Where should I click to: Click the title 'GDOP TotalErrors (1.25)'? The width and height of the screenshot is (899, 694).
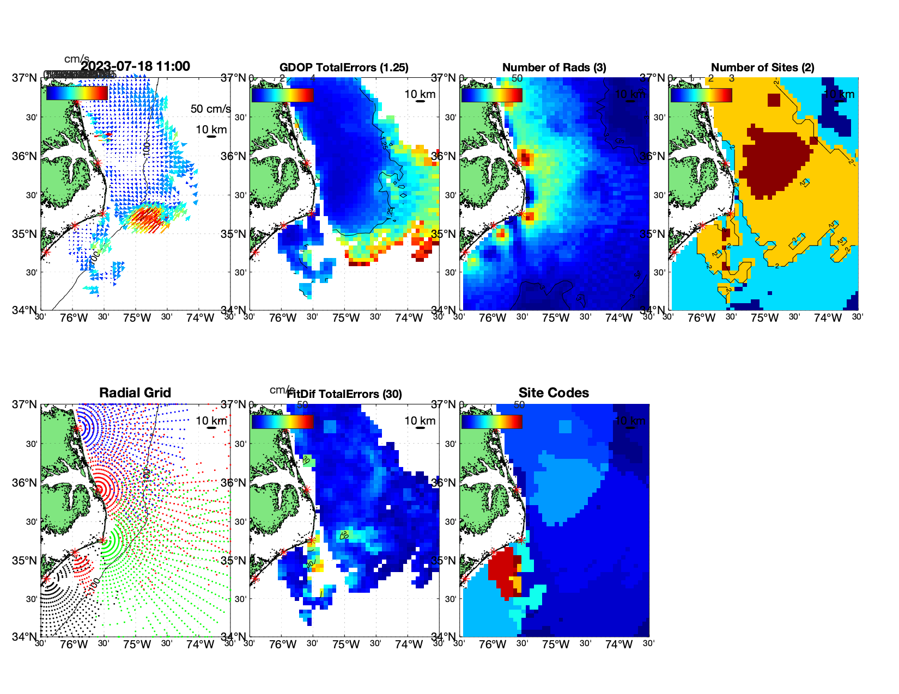click(x=344, y=67)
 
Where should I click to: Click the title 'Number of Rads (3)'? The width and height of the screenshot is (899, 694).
click(x=554, y=67)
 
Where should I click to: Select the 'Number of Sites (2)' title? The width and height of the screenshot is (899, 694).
click(x=762, y=67)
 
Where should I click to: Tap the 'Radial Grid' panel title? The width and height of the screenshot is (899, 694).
click(x=135, y=393)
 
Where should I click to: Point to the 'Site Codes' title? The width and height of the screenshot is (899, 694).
click(x=554, y=393)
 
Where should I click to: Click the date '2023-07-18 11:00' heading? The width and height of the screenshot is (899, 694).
click(x=136, y=66)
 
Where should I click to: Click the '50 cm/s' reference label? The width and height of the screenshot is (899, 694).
click(x=210, y=109)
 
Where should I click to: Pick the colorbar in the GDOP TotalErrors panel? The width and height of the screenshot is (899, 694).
click(x=282, y=95)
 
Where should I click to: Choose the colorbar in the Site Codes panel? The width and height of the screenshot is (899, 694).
click(x=491, y=421)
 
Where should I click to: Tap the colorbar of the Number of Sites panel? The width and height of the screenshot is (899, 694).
click(x=701, y=95)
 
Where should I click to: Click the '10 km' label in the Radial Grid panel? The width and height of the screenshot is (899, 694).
click(x=211, y=421)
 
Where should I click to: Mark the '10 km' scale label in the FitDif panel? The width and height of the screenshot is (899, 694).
click(x=420, y=421)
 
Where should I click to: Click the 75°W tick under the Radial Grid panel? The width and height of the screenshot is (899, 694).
click(x=137, y=645)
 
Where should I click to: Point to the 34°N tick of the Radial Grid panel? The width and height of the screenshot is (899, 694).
click(x=25, y=636)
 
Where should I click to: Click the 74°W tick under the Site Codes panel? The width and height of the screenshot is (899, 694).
click(x=618, y=645)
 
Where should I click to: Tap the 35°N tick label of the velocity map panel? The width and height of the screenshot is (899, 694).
click(x=25, y=234)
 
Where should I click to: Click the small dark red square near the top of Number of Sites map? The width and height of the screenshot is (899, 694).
click(x=774, y=100)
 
